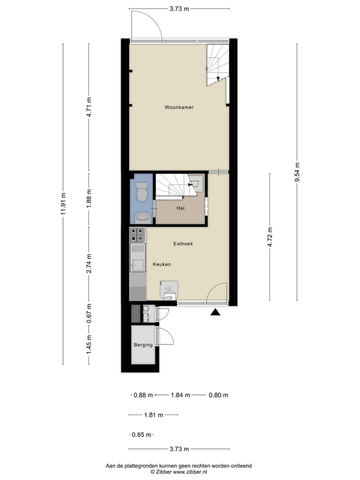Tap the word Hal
pyautogui.click(x=180, y=208)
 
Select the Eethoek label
pyautogui.click(x=183, y=244)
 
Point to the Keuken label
pyautogui.click(x=162, y=264)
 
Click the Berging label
pyautogui.click(x=142, y=345)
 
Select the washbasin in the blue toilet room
pyautogui.click(x=142, y=217)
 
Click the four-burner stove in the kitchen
pyautogui.click(x=137, y=234)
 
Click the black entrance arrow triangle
pyautogui.click(x=215, y=312)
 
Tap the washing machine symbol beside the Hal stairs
pyautogui.click(x=196, y=183)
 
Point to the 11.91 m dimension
pyautogui.click(x=63, y=204)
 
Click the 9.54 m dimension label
pyautogui.click(x=297, y=172)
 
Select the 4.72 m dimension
pyautogui.click(x=270, y=237)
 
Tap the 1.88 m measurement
pyautogui.click(x=89, y=198)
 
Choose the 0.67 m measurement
pyautogui.click(x=89, y=314)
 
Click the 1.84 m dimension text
pyautogui.click(x=180, y=395)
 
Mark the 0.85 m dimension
pyautogui.click(x=141, y=435)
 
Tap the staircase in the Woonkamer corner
pyautogui.click(x=217, y=64)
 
